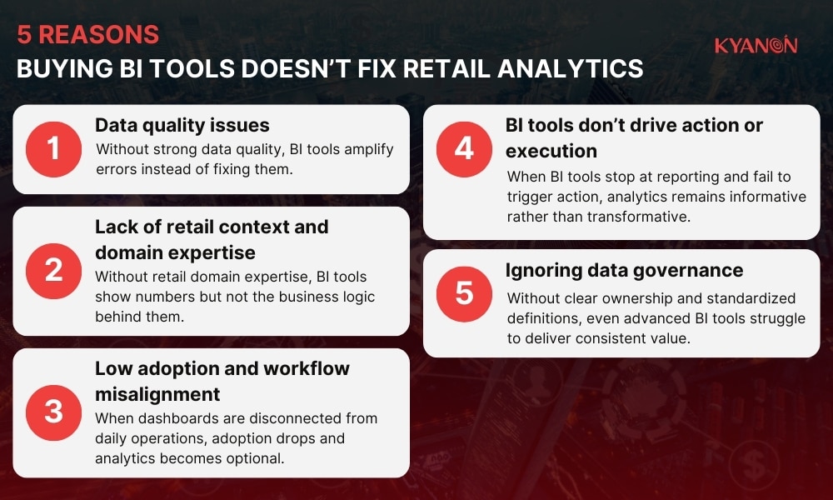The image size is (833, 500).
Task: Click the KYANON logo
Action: [x=756, y=46]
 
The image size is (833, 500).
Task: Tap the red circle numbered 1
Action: [x=54, y=149]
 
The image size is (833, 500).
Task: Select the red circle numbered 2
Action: [x=54, y=272]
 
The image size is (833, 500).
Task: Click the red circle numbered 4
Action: [x=464, y=149]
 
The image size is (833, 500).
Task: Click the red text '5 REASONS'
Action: [x=87, y=35]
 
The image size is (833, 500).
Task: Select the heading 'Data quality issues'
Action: [x=182, y=126]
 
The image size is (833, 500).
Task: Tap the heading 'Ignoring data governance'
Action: [x=624, y=271]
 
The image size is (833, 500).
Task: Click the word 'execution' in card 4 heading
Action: [x=551, y=151]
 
